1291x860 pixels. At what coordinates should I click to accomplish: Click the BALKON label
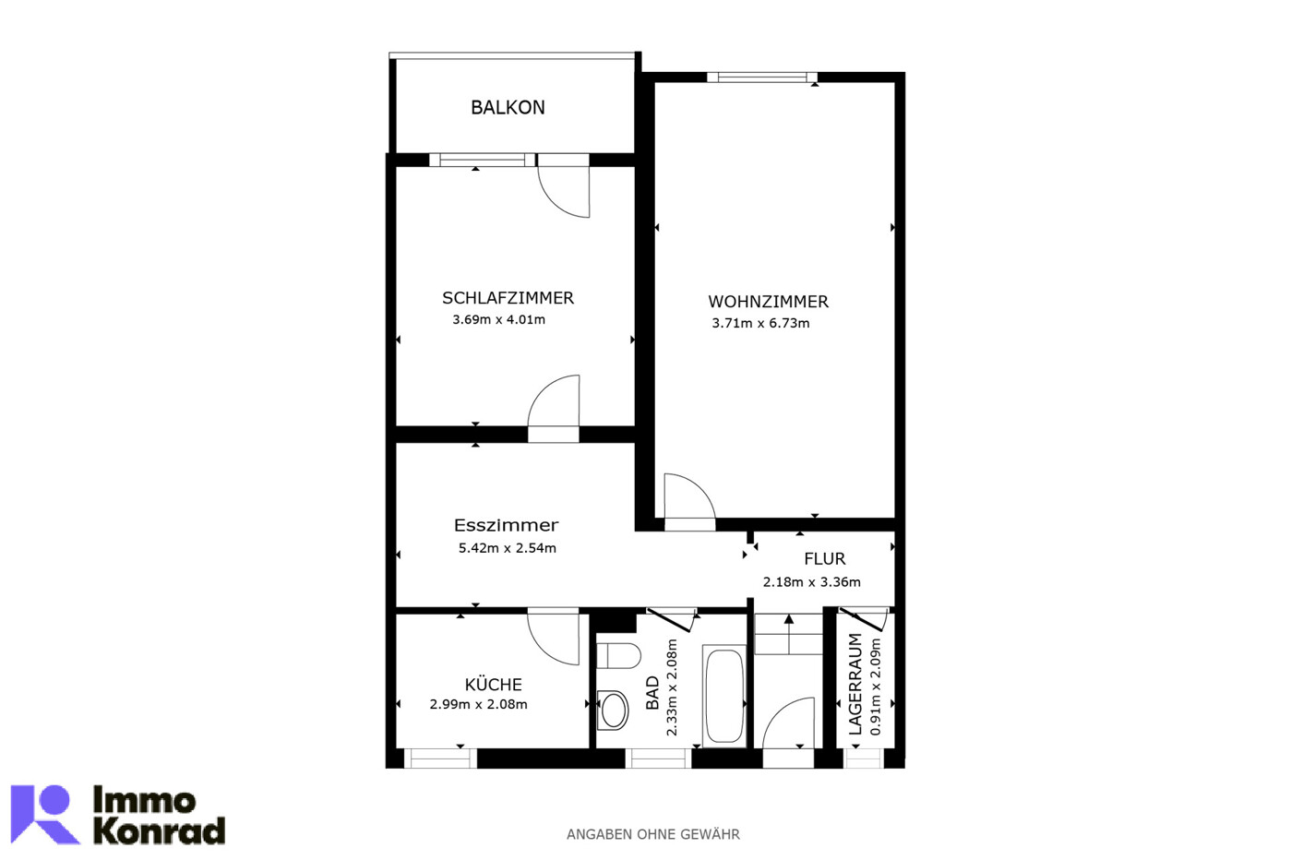508,108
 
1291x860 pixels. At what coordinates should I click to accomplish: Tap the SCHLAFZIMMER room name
508,298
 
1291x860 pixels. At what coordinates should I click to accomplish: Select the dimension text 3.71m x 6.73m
760,323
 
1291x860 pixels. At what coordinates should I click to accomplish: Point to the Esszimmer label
506,525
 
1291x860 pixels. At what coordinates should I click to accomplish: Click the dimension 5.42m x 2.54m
508,548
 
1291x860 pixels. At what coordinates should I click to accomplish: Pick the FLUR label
825,558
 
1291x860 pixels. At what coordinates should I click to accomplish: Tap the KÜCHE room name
494,684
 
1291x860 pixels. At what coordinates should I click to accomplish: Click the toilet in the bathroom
618,656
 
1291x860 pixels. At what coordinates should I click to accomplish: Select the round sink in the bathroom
613,711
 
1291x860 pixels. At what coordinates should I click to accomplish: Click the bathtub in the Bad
724,697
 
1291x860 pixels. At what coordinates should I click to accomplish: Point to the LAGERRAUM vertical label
855,684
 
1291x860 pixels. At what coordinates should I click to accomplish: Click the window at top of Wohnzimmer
762,78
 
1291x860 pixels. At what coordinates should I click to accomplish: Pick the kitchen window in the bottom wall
440,758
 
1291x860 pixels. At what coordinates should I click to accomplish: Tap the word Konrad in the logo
159,830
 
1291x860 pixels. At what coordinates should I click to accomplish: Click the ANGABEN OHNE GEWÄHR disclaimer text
653,834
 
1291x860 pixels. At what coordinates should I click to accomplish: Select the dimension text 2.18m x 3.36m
811,582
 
